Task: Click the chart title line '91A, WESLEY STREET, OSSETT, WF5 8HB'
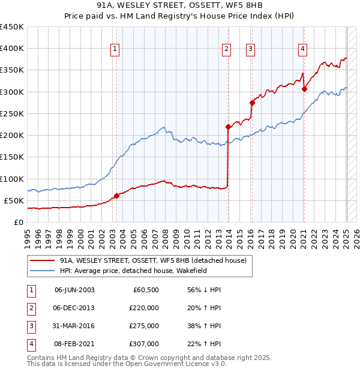pos(179,6)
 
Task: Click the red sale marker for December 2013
pos(229,127)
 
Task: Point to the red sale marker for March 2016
pos(252,103)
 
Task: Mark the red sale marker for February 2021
pos(304,89)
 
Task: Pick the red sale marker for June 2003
pos(116,196)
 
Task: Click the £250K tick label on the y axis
pos(12,113)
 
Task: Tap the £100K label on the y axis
pos(12,179)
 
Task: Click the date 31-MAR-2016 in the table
pos(74,326)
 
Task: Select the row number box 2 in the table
pos(29,308)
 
